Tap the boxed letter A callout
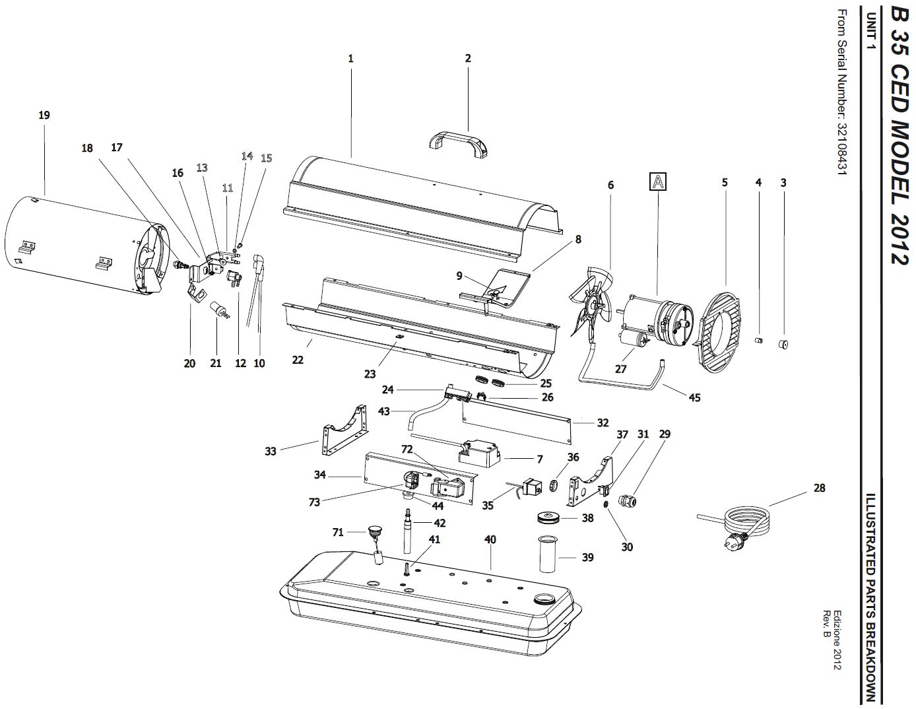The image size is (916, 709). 657,182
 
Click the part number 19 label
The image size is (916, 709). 44,115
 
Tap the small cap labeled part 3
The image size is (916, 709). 783,345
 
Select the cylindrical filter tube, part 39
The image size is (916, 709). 548,553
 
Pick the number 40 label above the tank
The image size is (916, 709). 490,539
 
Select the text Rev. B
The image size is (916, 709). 826,626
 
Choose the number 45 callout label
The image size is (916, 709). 694,397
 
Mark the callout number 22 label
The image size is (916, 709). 298,360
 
